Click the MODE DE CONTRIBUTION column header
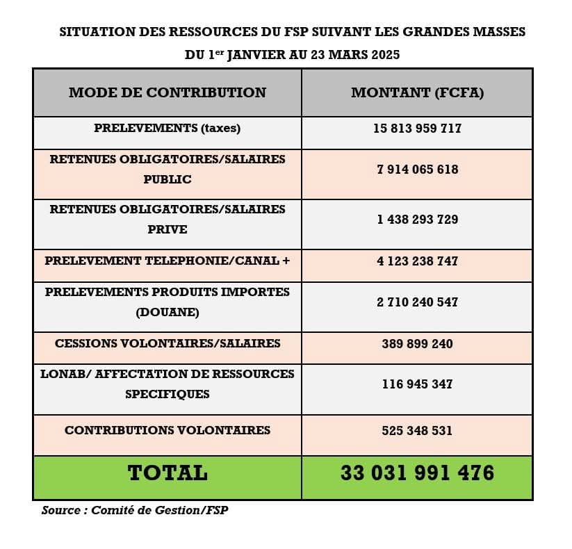click(x=167, y=92)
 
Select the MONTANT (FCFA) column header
click(x=417, y=92)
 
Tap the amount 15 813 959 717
click(x=417, y=129)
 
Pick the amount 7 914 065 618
click(x=417, y=170)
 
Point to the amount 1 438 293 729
click(x=417, y=220)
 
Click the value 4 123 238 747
click(x=417, y=261)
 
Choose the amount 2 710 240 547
click(x=417, y=302)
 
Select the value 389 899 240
click(x=417, y=343)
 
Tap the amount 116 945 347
click(x=417, y=384)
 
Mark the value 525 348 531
click(x=417, y=431)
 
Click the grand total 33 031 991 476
click(x=417, y=473)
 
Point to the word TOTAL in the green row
click(x=167, y=473)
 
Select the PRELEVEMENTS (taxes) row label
click(x=167, y=129)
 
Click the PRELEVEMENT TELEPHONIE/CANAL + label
click(x=167, y=261)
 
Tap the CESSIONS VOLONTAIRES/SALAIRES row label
click(x=167, y=343)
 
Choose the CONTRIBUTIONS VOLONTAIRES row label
click(x=167, y=430)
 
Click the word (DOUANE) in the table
click(x=167, y=313)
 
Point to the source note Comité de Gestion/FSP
click(x=160, y=511)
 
